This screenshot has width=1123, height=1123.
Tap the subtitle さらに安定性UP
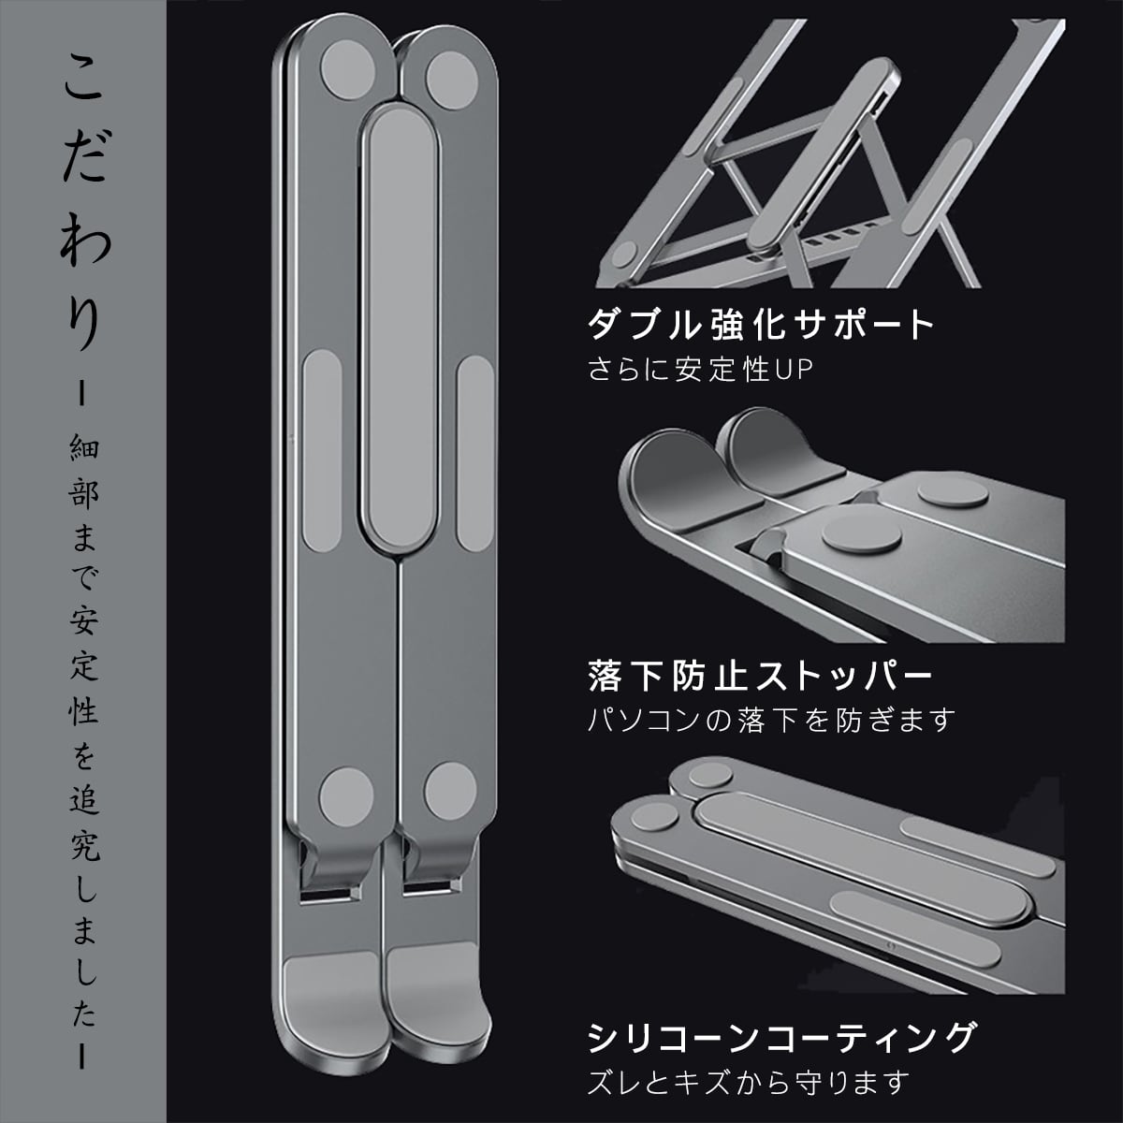pyautogui.click(x=701, y=370)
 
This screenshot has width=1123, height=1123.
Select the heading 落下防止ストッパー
pyautogui.click(x=760, y=676)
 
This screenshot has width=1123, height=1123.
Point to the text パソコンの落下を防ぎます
pyautogui.click(x=772, y=720)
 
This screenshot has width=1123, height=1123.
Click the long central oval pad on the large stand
pyautogui.click(x=398, y=328)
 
